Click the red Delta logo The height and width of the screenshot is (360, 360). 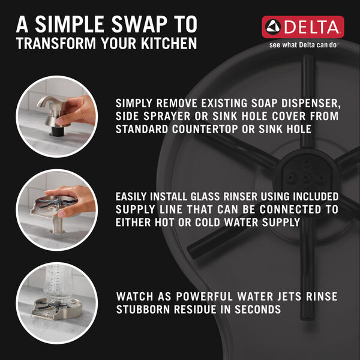(x=302, y=27)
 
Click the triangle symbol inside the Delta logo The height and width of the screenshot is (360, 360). (x=273, y=27)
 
